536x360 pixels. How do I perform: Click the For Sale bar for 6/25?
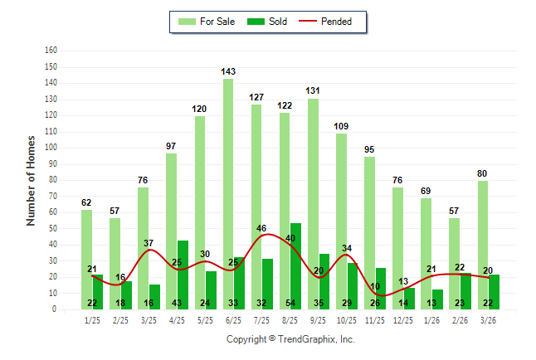coord(227,166)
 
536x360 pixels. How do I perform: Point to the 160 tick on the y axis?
coord(51,50)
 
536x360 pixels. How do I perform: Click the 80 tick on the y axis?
coord(53,179)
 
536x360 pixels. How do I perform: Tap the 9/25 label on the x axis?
coord(319,319)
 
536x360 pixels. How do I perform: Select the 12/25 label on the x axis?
coord(403,319)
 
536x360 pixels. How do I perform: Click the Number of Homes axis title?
coord(31,179)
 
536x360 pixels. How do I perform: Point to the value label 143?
coord(228,72)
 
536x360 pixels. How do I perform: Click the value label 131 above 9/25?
coord(313,91)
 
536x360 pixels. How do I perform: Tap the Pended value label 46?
coord(261,228)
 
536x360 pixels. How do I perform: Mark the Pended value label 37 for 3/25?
coord(149,243)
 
